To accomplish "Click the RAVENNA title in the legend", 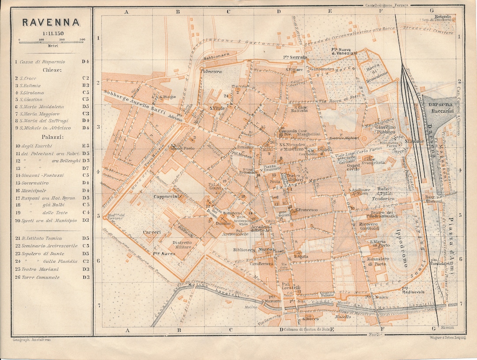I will coord(51,22).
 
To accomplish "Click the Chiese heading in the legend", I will coord(52,70).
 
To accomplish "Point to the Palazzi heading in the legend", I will coord(52,137).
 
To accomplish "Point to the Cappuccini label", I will coord(167,197).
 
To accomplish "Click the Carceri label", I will coord(152,231).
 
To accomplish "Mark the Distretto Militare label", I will coord(182,245).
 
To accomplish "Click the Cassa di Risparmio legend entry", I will coord(42,62).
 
